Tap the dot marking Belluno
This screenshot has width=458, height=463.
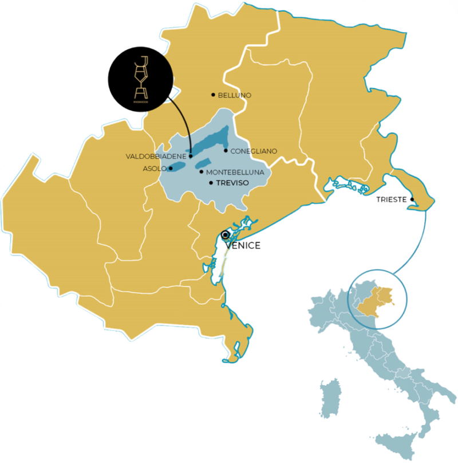(213, 95)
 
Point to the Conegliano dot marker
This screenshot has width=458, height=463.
(226, 151)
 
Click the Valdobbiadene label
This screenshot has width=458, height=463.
(156, 156)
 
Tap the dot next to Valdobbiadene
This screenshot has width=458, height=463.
(190, 156)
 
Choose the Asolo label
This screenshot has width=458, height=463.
(154, 168)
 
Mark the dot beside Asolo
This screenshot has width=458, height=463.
(171, 168)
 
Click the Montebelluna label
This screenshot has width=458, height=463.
(235, 172)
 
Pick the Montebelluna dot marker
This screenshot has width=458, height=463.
(202, 171)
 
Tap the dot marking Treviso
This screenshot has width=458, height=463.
(211, 183)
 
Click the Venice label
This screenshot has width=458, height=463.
(243, 245)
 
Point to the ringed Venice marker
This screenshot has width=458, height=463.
(226, 234)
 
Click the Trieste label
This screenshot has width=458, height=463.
(391, 199)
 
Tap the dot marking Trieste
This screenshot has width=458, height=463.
(412, 199)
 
